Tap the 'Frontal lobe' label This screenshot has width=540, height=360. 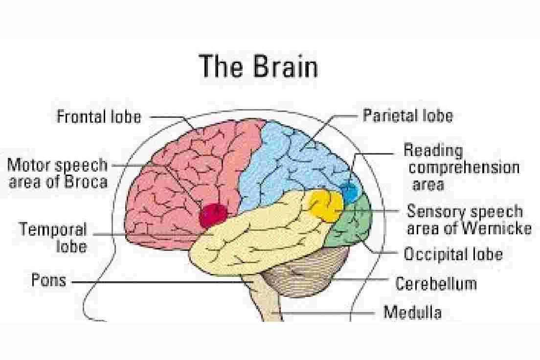(x=99, y=117)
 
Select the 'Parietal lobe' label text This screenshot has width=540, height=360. (x=407, y=115)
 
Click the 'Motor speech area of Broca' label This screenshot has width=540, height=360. (x=57, y=173)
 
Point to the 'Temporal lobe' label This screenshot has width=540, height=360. (x=54, y=237)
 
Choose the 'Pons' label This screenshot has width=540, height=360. (x=48, y=281)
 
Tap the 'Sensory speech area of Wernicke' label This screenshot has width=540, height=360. (x=468, y=220)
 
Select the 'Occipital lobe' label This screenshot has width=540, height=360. (x=453, y=254)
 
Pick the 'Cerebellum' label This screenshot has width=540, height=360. (x=436, y=283)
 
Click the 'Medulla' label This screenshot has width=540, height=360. (x=412, y=312)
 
